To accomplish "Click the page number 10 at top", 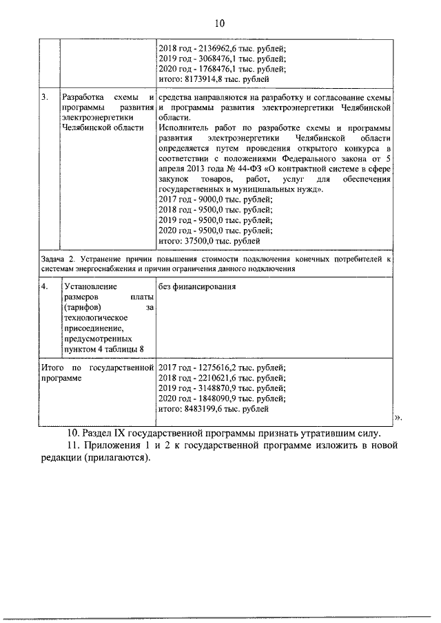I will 220,23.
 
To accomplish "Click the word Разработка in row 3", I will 83,98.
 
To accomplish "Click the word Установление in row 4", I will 90,286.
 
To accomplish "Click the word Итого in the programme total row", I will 52,368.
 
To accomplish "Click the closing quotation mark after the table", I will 398,419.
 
